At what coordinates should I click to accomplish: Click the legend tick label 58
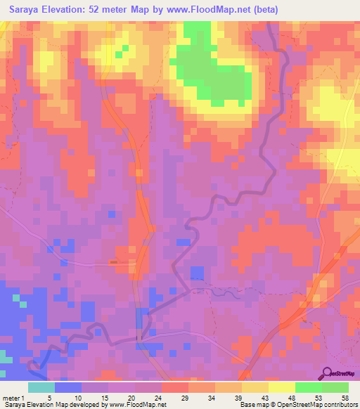point(345,398)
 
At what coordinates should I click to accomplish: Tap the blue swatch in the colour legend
point(68,387)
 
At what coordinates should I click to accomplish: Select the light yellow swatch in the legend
point(281,387)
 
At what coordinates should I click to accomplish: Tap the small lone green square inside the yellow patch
point(124,48)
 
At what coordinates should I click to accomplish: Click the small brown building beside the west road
point(114,262)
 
